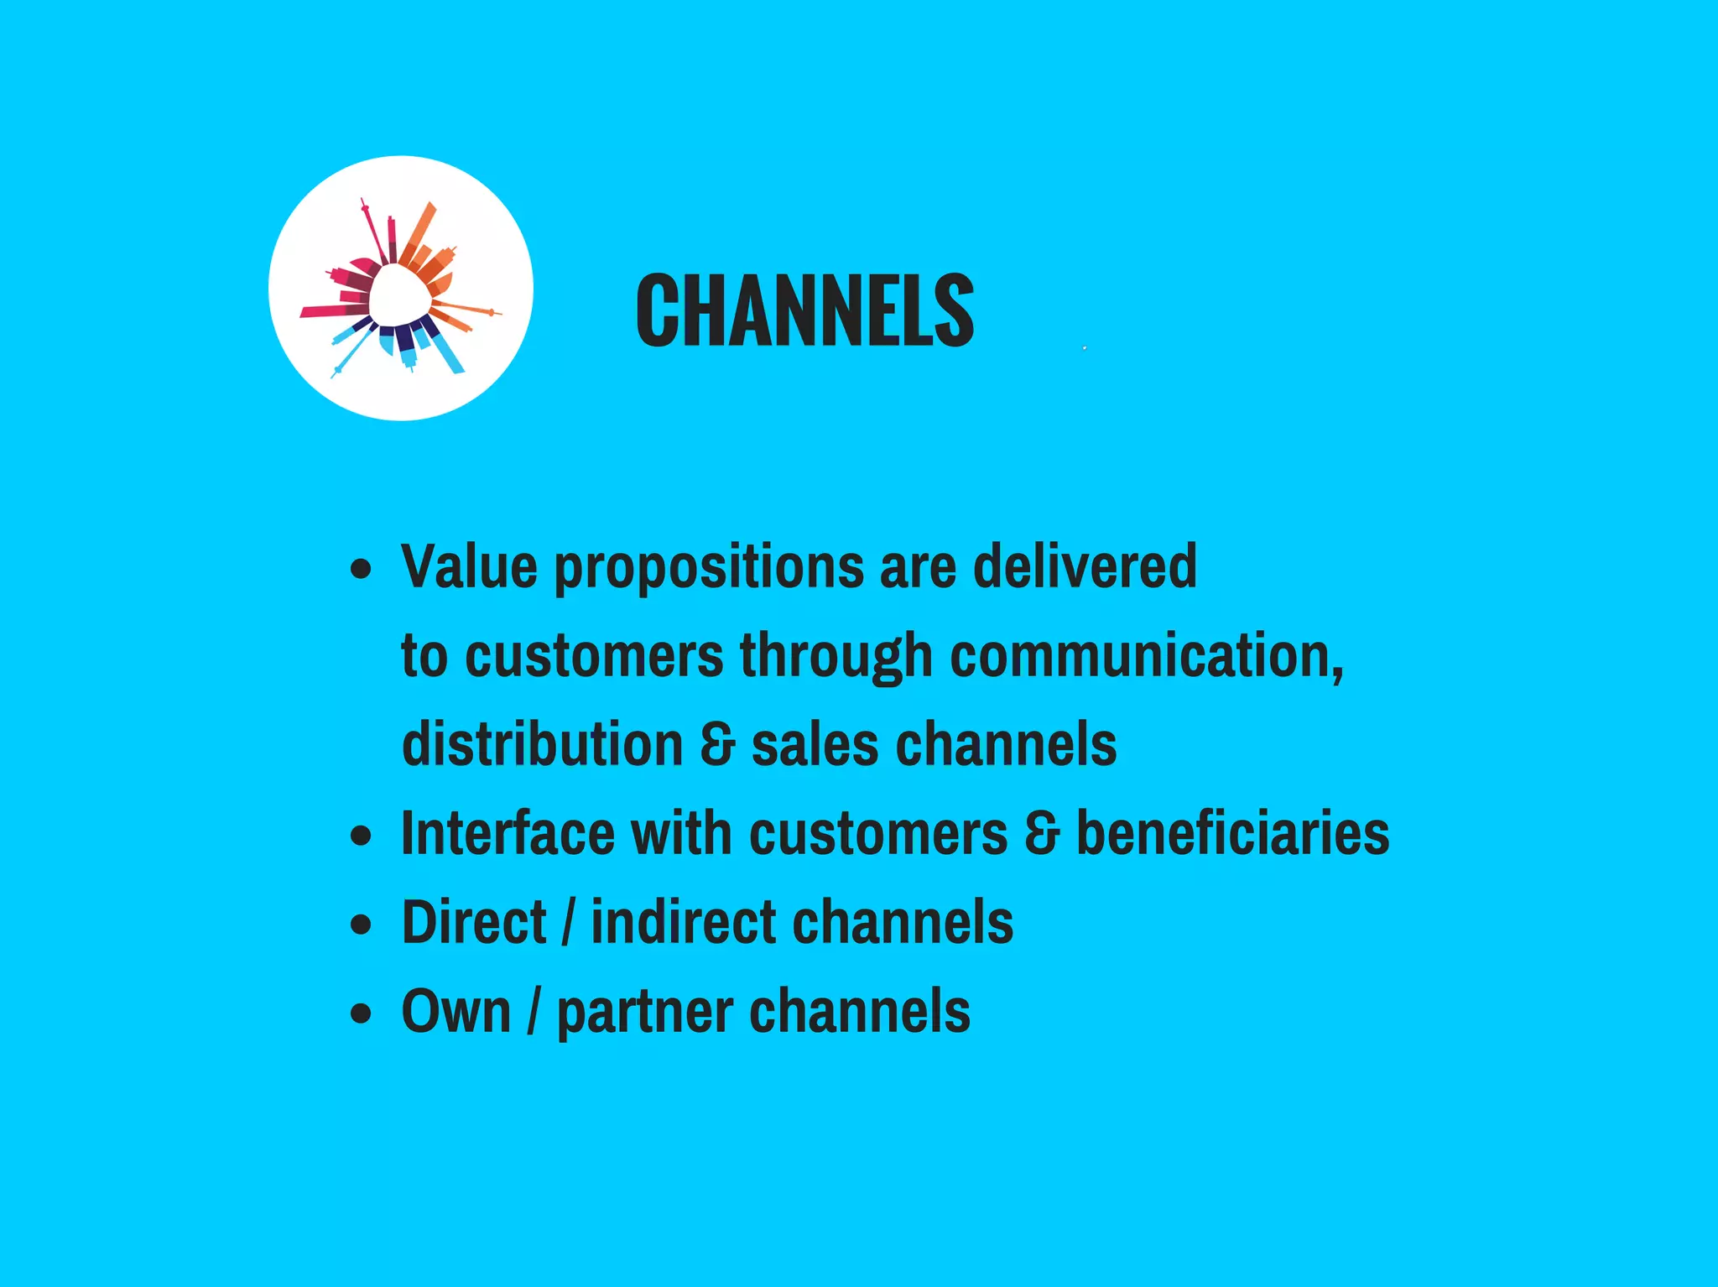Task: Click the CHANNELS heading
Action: click(x=804, y=310)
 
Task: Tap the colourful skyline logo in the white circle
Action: click(x=400, y=288)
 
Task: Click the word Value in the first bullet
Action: click(x=469, y=566)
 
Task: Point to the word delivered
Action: click(x=1085, y=566)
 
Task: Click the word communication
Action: click(x=1145, y=655)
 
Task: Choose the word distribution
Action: click(x=543, y=744)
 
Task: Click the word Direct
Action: click(x=474, y=922)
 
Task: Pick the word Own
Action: click(x=456, y=1011)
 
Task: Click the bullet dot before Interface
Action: click(x=361, y=836)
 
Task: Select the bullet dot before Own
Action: click(x=361, y=1013)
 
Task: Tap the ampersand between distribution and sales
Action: click(x=717, y=744)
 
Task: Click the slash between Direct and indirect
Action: click(x=569, y=922)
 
